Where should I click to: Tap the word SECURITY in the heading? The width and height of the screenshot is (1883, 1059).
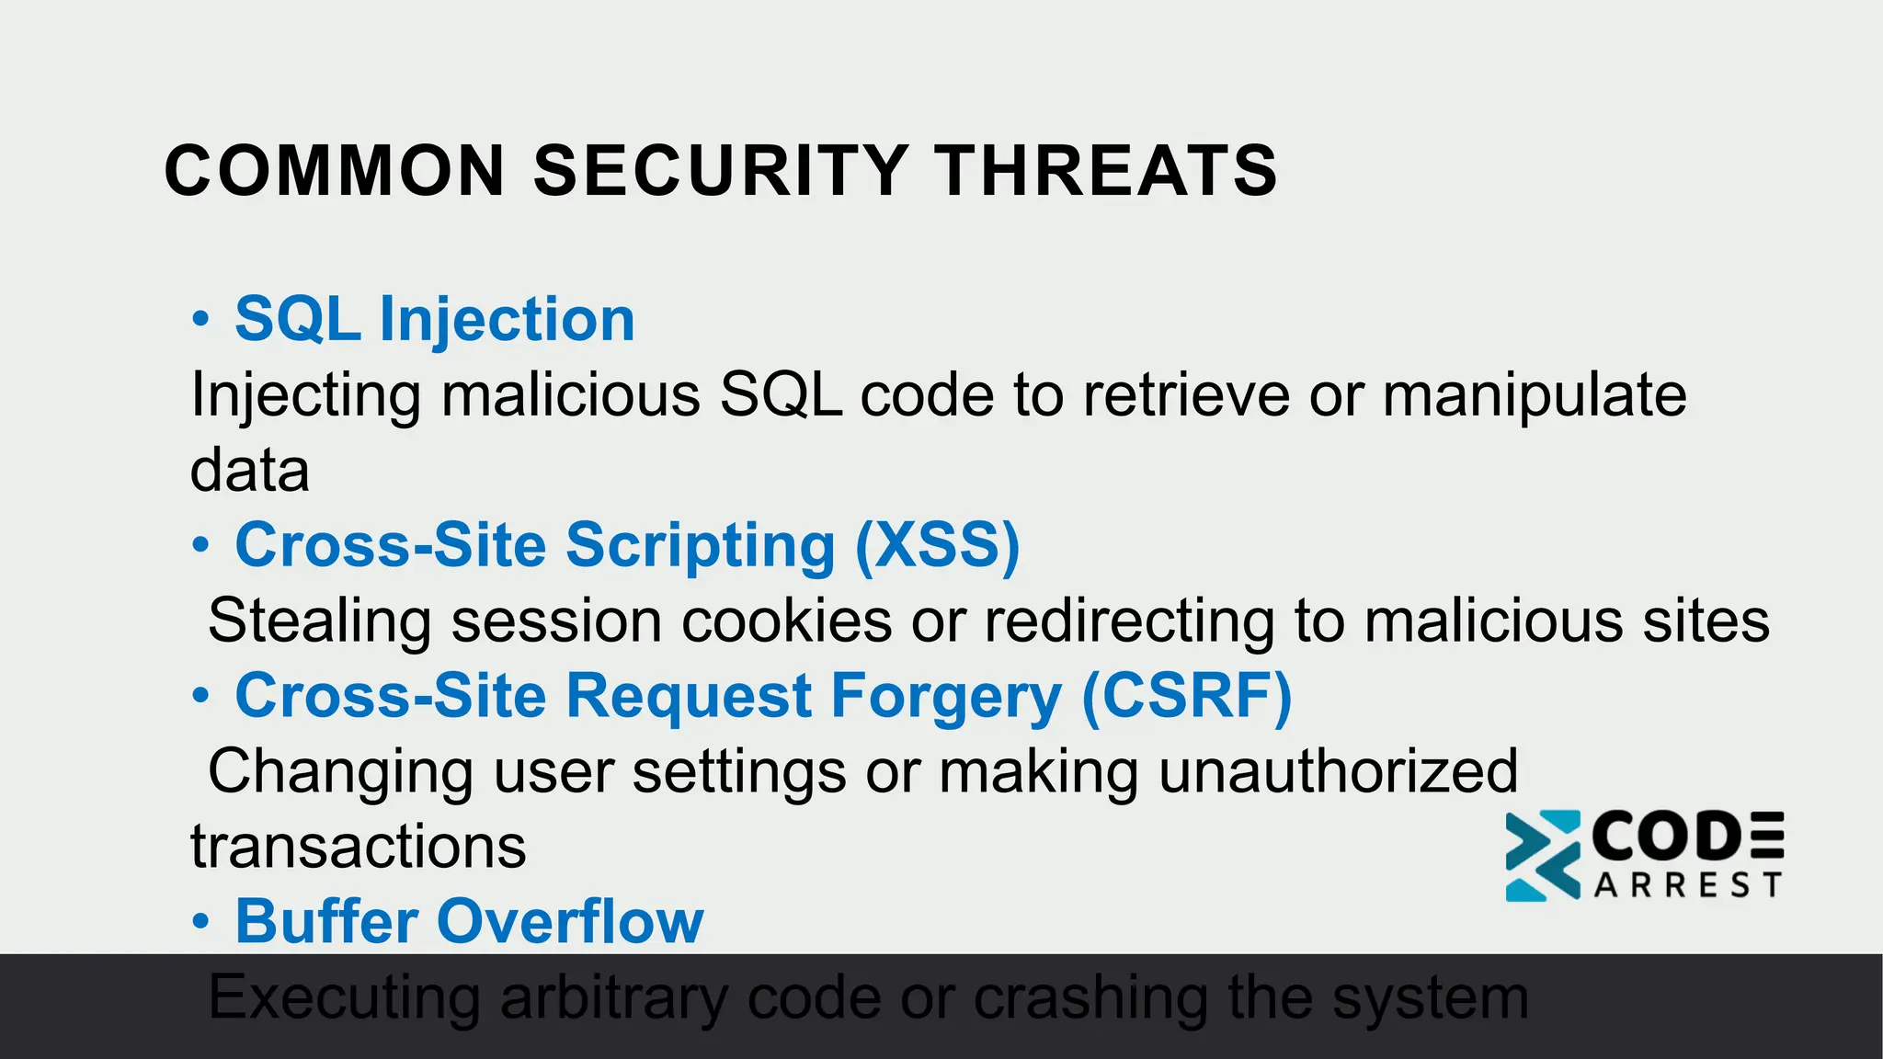(x=721, y=171)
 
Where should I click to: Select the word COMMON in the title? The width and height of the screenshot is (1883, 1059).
(x=335, y=171)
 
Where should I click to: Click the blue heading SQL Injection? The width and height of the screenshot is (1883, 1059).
(x=435, y=319)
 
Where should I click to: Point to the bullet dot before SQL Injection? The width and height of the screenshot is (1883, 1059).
(x=200, y=320)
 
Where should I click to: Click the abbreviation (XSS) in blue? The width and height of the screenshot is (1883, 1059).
(x=937, y=545)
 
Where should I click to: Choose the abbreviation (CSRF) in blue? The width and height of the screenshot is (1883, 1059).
(x=1186, y=696)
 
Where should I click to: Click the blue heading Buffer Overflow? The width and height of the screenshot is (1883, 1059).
(x=469, y=921)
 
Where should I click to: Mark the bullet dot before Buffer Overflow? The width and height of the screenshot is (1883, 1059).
(x=200, y=922)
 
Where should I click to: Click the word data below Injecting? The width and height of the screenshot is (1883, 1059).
(x=249, y=471)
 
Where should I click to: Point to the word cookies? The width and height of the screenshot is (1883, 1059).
(x=786, y=621)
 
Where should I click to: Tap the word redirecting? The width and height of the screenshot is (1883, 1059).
(x=1129, y=621)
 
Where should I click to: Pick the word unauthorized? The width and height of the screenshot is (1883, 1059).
(x=1338, y=771)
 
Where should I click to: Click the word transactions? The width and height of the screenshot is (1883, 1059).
(x=358, y=847)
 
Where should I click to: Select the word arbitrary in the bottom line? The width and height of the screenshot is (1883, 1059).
(x=613, y=997)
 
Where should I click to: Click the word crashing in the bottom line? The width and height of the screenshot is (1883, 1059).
(x=1090, y=997)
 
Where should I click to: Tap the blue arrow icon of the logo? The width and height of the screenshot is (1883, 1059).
(x=1542, y=855)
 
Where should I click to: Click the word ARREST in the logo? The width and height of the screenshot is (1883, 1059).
(x=1687, y=885)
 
